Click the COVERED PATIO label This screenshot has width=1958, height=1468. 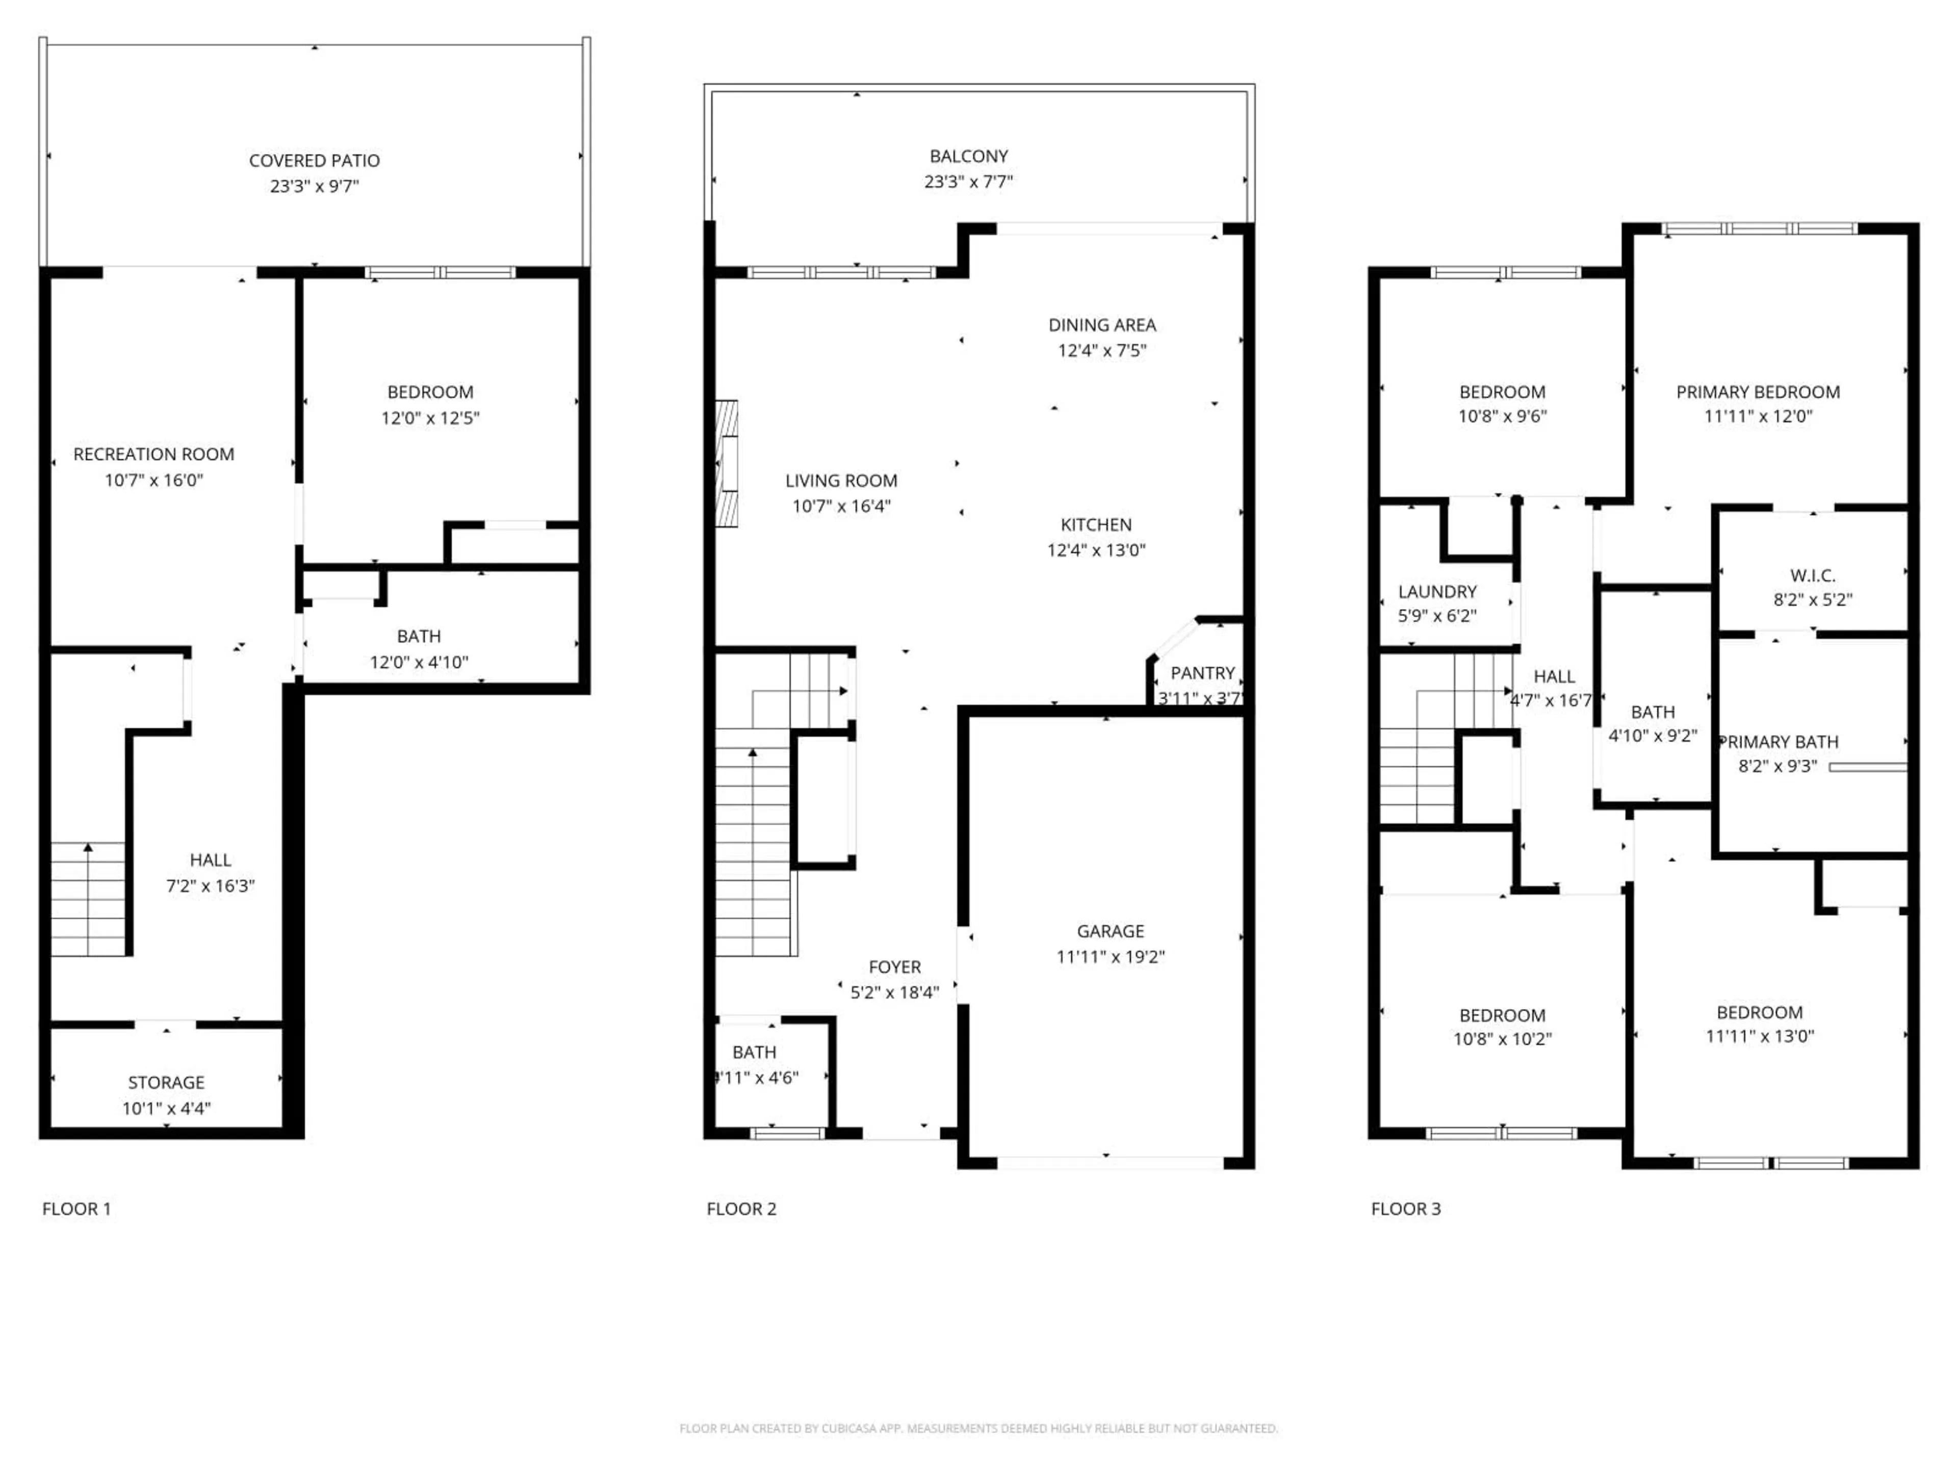point(314,160)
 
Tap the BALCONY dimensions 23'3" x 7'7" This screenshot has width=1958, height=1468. point(968,181)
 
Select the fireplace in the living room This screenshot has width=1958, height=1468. point(726,464)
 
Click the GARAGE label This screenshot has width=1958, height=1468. point(1110,931)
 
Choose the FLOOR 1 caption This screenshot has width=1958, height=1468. point(77,1209)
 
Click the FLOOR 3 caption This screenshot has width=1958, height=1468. point(1406,1209)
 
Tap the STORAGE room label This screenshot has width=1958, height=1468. point(166,1082)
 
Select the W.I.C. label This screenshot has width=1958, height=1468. point(1812,575)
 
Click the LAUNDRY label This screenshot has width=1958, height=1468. point(1437,591)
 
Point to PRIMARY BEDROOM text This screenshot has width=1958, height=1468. point(1757,392)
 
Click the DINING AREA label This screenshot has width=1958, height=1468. point(1102,325)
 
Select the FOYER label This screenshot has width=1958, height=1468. point(894,967)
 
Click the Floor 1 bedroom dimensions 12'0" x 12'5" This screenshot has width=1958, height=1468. point(430,417)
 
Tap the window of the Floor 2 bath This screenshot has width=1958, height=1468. point(786,1133)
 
